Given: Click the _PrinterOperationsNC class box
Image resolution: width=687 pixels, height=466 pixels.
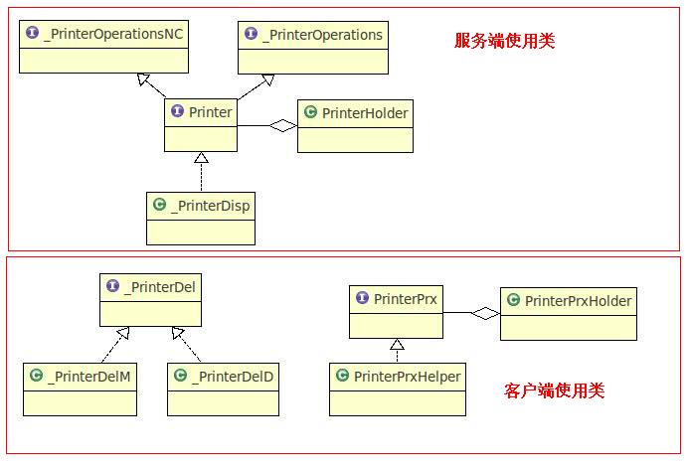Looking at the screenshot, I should [103, 48].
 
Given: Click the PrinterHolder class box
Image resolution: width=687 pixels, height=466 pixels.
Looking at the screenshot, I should [355, 126].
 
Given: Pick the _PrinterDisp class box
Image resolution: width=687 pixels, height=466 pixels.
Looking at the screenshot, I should [201, 218].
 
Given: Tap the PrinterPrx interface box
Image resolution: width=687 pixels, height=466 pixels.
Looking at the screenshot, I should [396, 311].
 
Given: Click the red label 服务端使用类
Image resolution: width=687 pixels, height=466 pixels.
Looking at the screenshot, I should [504, 41].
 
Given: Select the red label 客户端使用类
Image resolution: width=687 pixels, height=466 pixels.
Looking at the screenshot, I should [555, 390].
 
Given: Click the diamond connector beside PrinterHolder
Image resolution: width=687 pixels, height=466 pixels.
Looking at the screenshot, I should [284, 125].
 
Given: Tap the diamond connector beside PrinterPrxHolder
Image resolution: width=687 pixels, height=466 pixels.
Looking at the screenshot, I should [486, 313].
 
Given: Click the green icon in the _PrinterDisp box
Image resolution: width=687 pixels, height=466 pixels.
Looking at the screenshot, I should [159, 206].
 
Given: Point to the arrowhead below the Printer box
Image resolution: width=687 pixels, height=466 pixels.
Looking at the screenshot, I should [201, 157].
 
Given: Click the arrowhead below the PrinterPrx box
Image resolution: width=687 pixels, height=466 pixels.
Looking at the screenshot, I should [397, 344].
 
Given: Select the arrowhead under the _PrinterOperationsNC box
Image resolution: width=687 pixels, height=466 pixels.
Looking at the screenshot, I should [145, 79].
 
